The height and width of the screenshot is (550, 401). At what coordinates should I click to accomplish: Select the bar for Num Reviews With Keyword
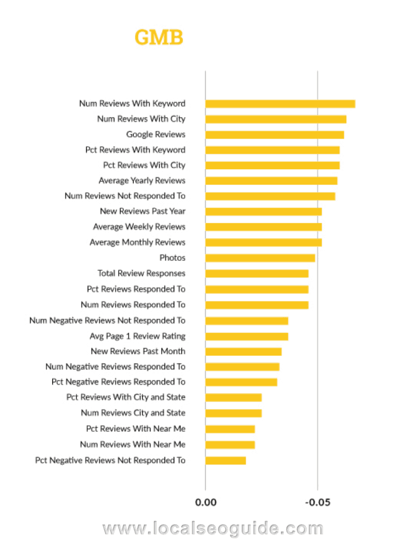point(280,104)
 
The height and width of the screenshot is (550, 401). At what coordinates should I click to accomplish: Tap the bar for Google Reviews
point(275,135)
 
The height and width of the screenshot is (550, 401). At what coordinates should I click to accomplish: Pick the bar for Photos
point(260,258)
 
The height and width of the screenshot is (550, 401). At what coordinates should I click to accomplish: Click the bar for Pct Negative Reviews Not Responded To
point(226,460)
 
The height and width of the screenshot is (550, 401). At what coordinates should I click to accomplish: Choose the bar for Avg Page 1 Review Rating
point(247,336)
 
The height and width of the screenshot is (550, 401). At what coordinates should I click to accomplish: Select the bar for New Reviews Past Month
point(244,352)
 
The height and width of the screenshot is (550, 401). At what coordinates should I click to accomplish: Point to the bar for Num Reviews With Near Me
point(230,445)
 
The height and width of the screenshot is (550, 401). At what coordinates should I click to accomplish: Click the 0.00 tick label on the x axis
point(205,502)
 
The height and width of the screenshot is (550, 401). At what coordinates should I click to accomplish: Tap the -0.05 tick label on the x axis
point(318,502)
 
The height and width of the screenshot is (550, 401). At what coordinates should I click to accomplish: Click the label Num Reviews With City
point(141,119)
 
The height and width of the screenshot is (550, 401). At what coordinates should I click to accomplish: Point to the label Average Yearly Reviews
point(142,180)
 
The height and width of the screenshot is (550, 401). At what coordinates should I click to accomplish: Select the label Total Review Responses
point(141,273)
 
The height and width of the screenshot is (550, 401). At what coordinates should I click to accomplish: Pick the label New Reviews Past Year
point(142,211)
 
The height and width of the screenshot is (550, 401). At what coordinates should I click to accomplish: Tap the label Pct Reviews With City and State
point(126,397)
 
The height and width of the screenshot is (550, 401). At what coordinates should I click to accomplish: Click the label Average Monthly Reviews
point(138,242)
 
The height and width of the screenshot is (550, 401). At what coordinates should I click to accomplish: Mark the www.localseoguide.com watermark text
point(213,529)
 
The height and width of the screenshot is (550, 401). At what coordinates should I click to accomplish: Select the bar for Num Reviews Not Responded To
point(270,196)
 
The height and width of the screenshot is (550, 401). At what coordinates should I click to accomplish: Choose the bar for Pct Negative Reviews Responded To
point(241,382)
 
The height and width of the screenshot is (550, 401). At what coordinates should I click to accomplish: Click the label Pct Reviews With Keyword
point(135,150)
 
